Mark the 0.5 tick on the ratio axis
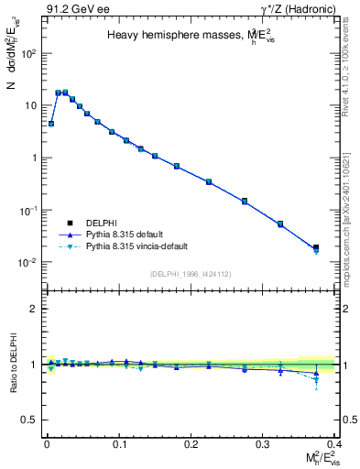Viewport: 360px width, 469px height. (31, 420)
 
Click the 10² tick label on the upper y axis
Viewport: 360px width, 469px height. (29, 53)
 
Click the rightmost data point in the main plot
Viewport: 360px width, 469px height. (316, 247)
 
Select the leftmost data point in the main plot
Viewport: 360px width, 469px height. (51, 124)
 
